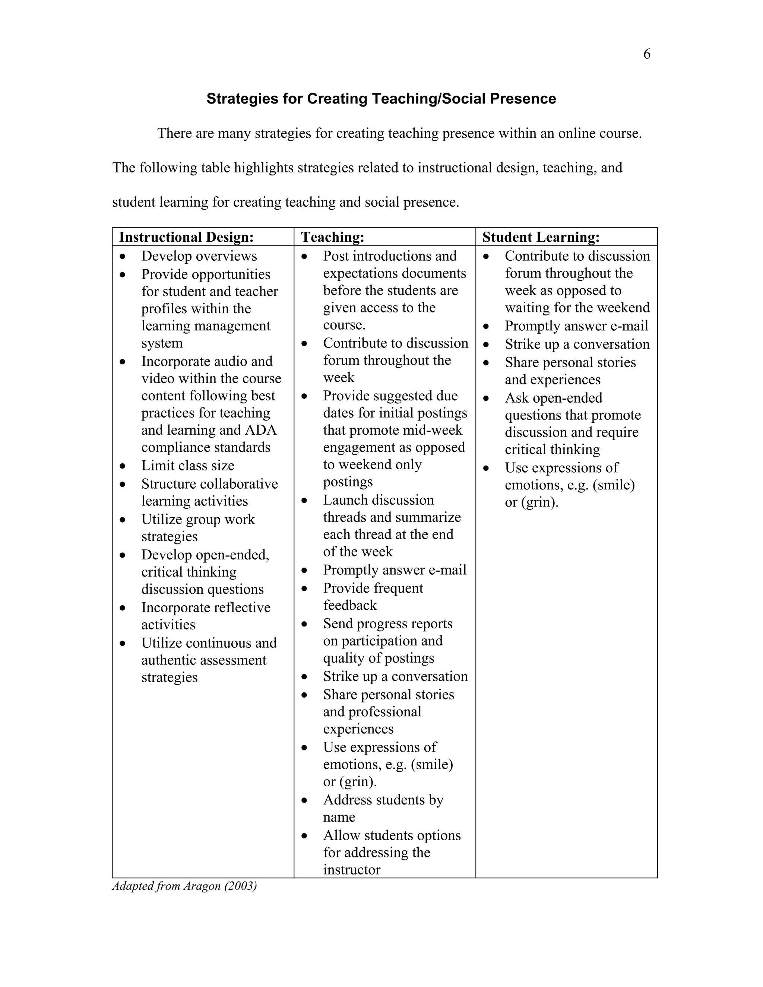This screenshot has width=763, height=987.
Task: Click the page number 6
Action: tap(646, 54)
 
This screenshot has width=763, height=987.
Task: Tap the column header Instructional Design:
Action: tap(186, 237)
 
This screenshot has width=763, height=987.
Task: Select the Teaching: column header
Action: tap(333, 237)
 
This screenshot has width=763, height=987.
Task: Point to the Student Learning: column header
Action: tap(541, 237)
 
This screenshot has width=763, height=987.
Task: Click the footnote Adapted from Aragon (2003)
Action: tap(184, 886)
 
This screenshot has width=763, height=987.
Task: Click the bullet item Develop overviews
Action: tap(199, 256)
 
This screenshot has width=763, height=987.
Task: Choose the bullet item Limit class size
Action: tap(188, 466)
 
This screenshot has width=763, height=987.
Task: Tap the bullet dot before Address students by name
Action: tap(305, 800)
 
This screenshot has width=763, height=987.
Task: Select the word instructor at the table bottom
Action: tap(352, 870)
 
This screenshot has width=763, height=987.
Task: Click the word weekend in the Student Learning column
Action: tap(626, 308)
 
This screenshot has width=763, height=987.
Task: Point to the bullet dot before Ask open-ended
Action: tap(486, 398)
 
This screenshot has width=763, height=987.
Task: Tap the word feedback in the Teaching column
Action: tap(350, 605)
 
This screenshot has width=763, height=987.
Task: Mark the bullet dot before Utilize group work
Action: tap(123, 520)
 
